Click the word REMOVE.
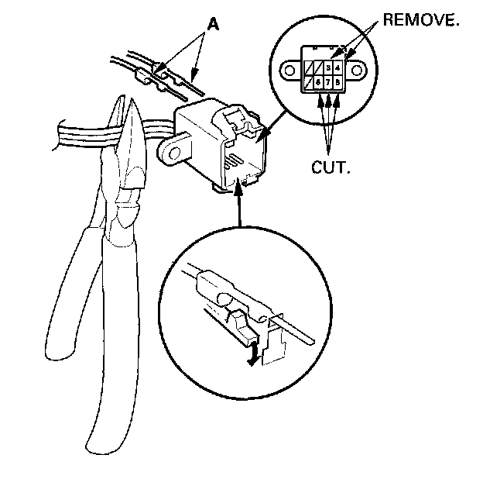click(x=422, y=20)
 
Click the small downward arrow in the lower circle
click(x=248, y=357)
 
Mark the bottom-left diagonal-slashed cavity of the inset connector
click(x=309, y=80)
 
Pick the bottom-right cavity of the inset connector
click(x=338, y=80)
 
